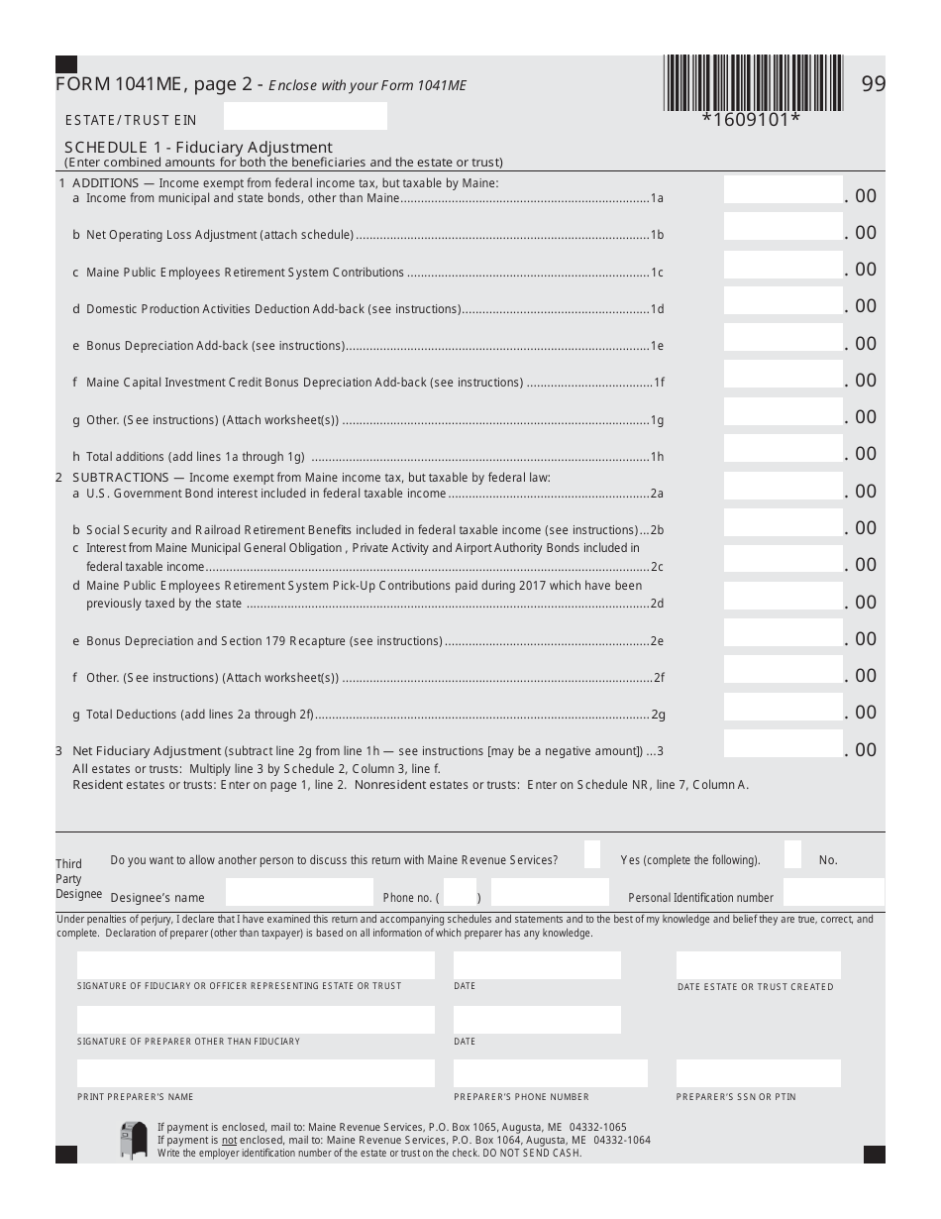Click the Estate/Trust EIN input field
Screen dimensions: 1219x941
(x=305, y=117)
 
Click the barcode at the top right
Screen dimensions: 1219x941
(x=753, y=82)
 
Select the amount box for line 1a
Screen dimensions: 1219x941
(x=783, y=189)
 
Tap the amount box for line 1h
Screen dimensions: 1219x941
(x=783, y=449)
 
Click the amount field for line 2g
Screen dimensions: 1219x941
(x=783, y=707)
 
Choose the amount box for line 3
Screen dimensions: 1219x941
(x=783, y=744)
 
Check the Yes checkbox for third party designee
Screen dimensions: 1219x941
(x=592, y=854)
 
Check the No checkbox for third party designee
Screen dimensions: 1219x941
(x=792, y=854)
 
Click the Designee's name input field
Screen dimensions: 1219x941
(x=299, y=892)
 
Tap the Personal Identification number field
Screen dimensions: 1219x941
(x=833, y=892)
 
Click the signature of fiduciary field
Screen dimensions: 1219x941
(x=256, y=965)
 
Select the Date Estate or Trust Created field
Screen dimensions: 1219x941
(x=758, y=965)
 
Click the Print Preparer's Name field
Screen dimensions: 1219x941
(x=256, y=1073)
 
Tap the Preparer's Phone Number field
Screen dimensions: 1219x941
(x=550, y=1073)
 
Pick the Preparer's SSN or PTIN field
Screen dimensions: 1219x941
(x=758, y=1073)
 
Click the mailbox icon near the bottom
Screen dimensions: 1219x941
(x=133, y=1140)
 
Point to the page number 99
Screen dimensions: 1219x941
(x=873, y=84)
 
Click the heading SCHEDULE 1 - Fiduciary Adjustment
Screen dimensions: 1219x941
(x=198, y=148)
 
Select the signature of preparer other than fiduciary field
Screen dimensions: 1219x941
(x=256, y=1020)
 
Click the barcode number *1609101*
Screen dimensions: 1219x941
(x=751, y=120)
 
